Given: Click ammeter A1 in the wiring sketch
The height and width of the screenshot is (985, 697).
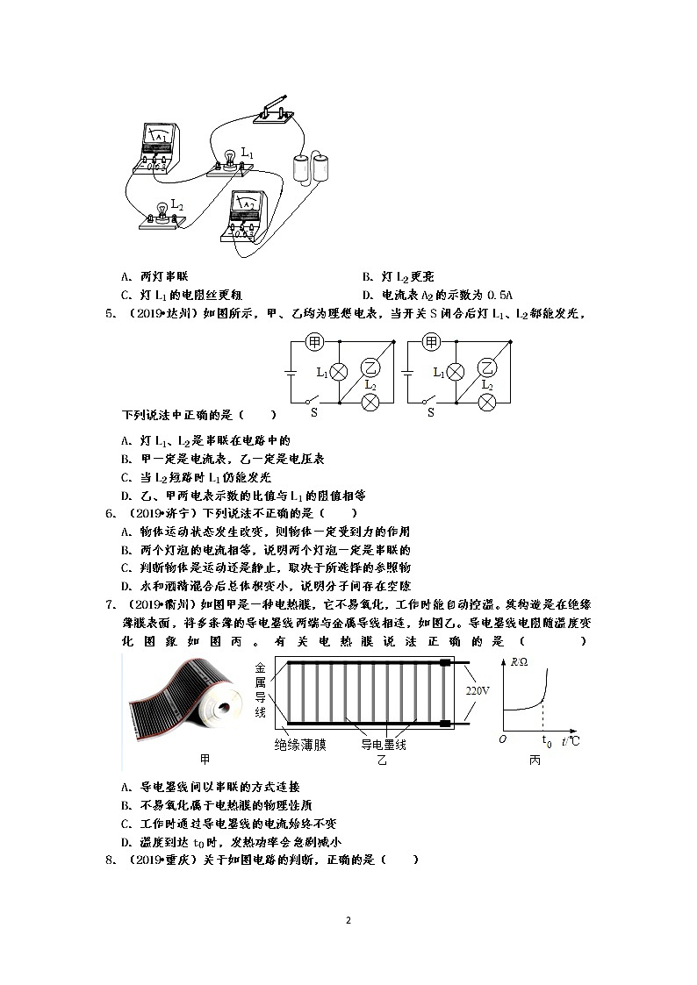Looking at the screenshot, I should pos(160,146).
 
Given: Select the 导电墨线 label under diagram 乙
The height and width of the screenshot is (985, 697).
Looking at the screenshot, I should pos(384,745).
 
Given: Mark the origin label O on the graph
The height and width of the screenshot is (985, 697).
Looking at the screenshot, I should pos(502,741).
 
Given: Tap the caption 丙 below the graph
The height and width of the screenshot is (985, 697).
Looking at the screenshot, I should pos(535,760).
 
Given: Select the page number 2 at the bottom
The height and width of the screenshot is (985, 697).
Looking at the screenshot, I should pos(348,920).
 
